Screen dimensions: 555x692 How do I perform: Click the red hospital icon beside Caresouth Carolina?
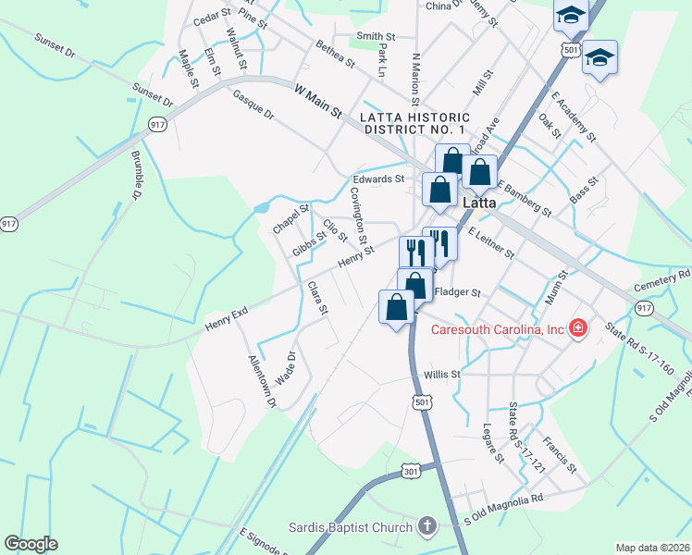click(578, 328)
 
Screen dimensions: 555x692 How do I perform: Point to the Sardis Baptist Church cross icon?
click(426, 527)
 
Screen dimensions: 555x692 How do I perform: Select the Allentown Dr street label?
click(261, 381)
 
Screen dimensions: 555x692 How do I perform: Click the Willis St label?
click(442, 375)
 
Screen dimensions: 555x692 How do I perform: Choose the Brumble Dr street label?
click(136, 177)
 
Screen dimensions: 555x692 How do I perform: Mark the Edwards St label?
click(378, 179)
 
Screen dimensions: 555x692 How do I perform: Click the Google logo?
click(31, 544)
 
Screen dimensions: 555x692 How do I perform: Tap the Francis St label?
click(561, 454)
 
